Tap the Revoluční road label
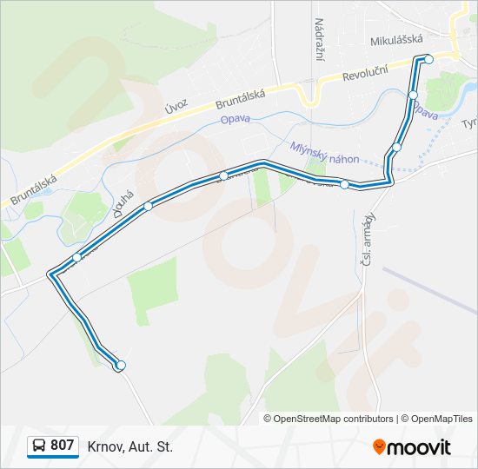click(x=371, y=75)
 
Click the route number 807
click(x=62, y=446)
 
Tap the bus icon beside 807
click(x=39, y=446)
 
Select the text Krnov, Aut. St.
click(x=130, y=446)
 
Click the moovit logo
click(x=412, y=447)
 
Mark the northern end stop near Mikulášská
click(x=428, y=59)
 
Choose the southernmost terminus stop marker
click(x=120, y=366)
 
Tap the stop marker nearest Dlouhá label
click(x=149, y=206)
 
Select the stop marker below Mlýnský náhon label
click(x=345, y=184)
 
